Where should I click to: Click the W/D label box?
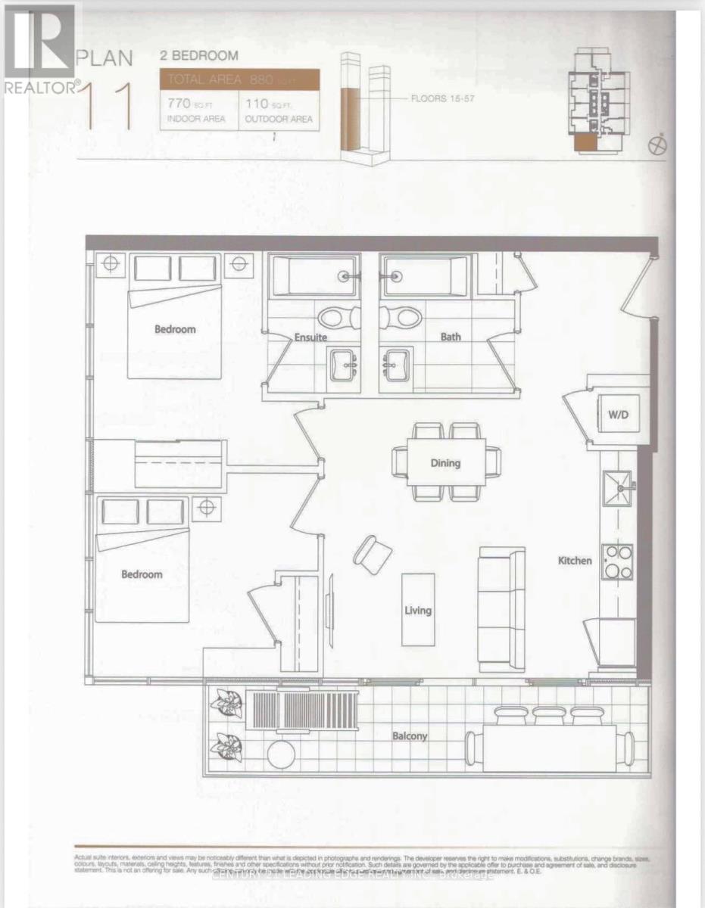619,415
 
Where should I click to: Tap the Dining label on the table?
445,463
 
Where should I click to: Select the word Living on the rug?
417,610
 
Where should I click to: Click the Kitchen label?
575,561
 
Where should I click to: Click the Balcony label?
410,735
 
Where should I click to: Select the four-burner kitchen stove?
617,562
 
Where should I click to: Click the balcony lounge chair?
303,709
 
